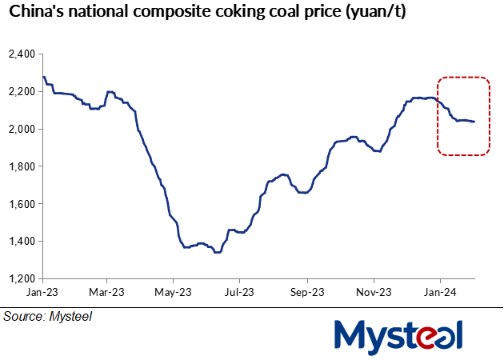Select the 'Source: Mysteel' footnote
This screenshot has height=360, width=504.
pyautogui.click(x=47, y=317)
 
